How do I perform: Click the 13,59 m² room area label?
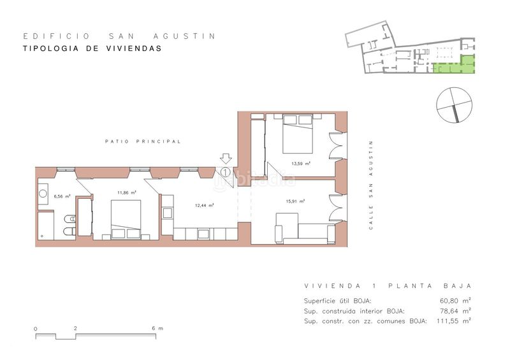click(x=300, y=164)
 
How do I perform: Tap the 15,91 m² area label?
click(x=295, y=201)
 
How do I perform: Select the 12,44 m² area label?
click(x=204, y=205)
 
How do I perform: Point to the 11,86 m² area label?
click(x=126, y=192)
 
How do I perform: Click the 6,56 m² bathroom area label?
click(x=62, y=196)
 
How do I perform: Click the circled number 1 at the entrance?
click(x=226, y=171)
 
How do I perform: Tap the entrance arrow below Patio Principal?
click(x=226, y=159)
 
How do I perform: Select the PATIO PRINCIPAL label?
click(x=143, y=141)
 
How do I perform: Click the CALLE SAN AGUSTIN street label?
click(x=371, y=185)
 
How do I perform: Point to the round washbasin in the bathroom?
click(x=43, y=194)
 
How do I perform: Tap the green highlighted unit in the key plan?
click(x=455, y=66)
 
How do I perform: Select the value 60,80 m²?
click(x=455, y=301)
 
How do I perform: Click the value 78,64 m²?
click(x=455, y=311)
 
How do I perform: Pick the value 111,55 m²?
click(x=454, y=321)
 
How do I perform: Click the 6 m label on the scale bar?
click(x=157, y=328)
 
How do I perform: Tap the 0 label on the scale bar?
click(x=36, y=329)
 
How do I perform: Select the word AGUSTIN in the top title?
click(x=188, y=36)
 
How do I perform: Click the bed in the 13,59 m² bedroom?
click(x=298, y=134)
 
